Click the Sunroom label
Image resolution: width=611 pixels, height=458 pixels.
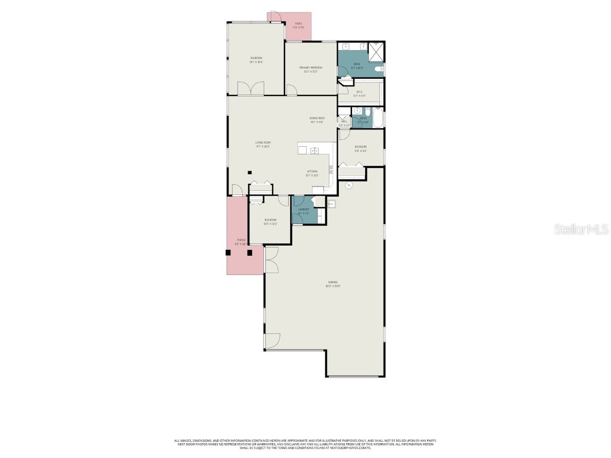[x=256, y=60]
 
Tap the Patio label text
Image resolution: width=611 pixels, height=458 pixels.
[x=298, y=26]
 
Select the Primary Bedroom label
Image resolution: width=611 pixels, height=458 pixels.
[x=311, y=69]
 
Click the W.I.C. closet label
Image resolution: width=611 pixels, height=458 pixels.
[x=359, y=94]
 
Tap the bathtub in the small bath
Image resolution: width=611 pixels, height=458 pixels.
[x=377, y=117]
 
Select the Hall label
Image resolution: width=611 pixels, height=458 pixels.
[x=344, y=123]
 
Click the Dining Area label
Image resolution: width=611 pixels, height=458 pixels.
[x=316, y=120]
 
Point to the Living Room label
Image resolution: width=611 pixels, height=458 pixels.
[x=263, y=144]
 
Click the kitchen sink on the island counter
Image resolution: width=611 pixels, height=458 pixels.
[x=314, y=150]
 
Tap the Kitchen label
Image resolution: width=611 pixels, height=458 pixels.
[x=312, y=173]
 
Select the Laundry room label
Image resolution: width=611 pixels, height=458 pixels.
[x=303, y=211]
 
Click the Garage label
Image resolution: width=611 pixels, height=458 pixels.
[x=332, y=284]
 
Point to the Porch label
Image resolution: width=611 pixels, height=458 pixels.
[x=240, y=242]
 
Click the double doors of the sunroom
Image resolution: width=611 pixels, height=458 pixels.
[x=251, y=89]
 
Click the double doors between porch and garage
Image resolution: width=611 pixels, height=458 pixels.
[x=271, y=260]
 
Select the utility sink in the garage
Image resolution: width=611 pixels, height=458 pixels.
[x=332, y=204]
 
